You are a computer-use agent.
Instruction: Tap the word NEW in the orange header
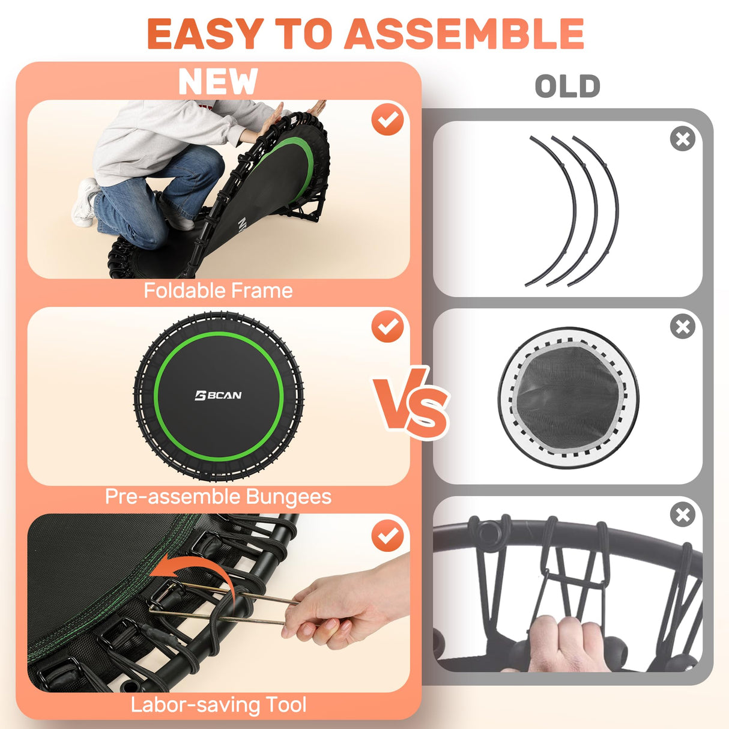click(218, 82)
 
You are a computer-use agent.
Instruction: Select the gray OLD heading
click(567, 86)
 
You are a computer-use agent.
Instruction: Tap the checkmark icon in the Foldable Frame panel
click(387, 119)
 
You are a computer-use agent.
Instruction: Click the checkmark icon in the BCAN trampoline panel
click(387, 327)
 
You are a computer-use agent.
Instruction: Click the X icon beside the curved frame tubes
click(682, 139)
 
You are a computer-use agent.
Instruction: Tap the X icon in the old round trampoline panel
click(682, 327)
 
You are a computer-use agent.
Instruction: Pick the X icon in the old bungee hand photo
click(682, 515)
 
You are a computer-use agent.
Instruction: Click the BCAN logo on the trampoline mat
click(219, 395)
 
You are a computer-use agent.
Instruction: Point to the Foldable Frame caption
click(218, 291)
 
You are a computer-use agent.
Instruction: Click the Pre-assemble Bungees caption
click(218, 497)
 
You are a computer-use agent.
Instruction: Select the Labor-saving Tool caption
click(218, 704)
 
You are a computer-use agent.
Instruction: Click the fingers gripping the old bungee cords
click(564, 643)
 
